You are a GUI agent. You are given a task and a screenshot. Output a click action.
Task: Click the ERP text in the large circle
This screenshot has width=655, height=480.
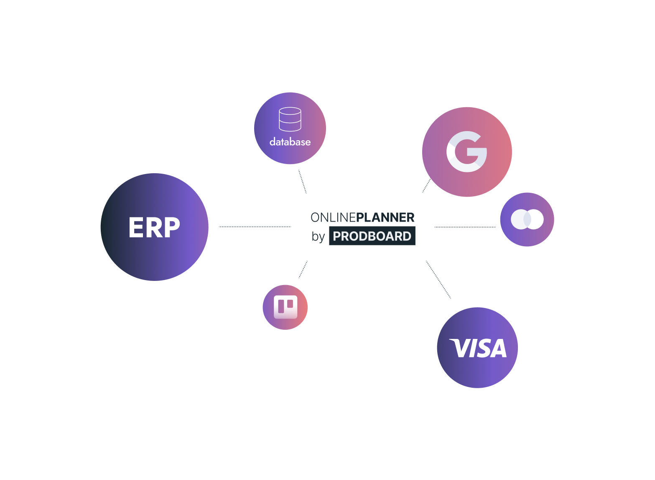154,227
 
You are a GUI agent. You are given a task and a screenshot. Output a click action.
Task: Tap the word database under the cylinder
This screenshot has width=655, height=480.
290,142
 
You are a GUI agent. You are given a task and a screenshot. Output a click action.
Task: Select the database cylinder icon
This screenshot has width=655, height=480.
290,119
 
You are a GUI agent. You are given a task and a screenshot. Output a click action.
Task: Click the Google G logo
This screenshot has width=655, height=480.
466,152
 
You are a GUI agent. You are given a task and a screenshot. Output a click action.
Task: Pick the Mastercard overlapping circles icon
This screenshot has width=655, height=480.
527,220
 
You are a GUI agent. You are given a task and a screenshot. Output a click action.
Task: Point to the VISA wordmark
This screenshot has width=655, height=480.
478,348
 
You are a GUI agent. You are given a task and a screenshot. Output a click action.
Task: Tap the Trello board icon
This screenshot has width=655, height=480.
285,307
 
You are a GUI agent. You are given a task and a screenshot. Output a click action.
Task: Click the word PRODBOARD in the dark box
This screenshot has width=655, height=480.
372,236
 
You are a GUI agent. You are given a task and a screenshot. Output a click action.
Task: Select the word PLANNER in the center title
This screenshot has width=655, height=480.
385,217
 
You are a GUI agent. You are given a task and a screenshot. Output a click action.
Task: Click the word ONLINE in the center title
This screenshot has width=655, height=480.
333,217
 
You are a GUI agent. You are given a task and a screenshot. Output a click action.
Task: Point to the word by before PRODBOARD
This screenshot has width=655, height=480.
318,237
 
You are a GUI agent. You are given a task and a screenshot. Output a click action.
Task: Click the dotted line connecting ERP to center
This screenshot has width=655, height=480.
255,227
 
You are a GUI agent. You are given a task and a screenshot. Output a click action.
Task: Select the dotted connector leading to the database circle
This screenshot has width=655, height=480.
302,182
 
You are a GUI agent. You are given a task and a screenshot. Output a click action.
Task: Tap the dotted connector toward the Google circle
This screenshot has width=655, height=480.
426,186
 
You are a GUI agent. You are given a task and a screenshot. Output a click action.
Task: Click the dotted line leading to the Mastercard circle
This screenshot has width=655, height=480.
465,227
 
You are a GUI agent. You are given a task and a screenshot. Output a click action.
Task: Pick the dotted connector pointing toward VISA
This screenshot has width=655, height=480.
438,280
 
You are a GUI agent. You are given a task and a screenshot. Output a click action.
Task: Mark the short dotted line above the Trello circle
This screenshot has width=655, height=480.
303,270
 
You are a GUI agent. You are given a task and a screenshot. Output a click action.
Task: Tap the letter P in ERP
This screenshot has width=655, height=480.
171,227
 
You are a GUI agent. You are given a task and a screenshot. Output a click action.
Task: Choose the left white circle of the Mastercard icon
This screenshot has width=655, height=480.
520,220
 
